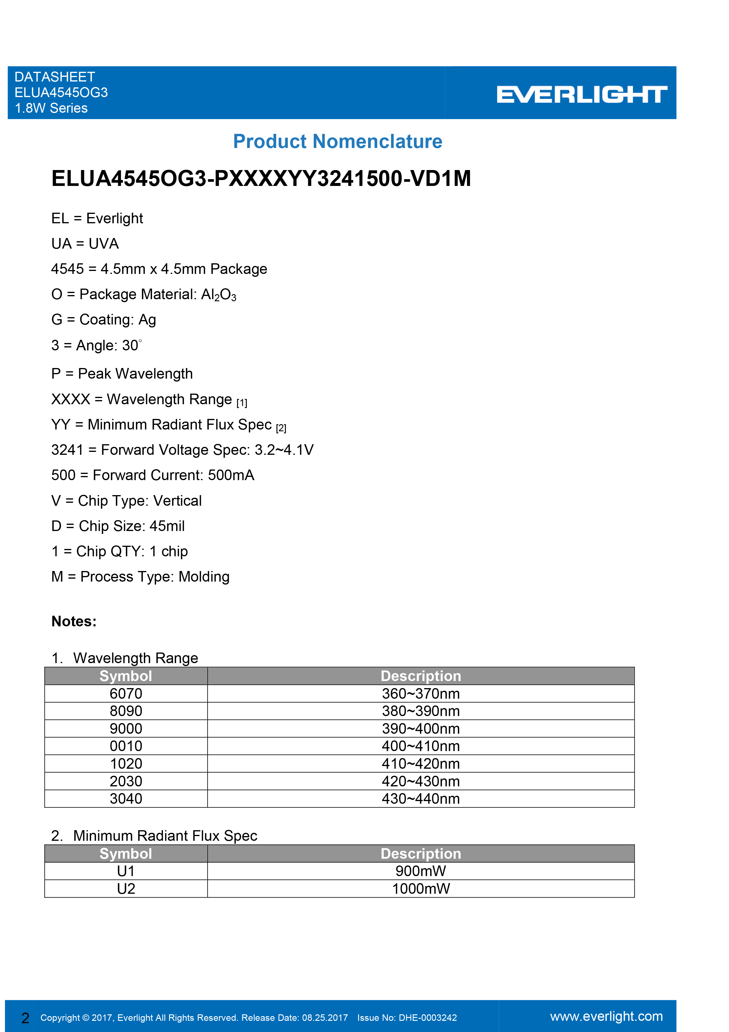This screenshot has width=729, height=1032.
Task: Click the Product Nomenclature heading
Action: (338, 142)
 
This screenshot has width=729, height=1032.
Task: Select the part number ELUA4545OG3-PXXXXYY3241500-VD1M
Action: (261, 179)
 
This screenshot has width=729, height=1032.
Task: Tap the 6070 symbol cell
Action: (126, 694)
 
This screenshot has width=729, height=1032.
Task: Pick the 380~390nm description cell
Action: (421, 711)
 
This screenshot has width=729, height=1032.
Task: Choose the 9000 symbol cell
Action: (126, 729)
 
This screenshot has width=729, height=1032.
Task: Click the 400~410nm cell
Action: (421, 746)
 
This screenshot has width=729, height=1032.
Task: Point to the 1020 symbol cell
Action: (126, 764)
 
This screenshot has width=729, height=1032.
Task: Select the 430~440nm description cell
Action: (421, 799)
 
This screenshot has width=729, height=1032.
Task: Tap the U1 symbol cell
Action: (126, 871)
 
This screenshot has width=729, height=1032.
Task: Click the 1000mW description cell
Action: (421, 889)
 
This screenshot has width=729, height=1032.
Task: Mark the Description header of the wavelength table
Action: (421, 676)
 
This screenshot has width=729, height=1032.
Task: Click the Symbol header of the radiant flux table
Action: (126, 853)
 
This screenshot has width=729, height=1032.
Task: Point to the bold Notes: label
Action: (74, 621)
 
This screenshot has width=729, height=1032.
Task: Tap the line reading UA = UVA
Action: (85, 244)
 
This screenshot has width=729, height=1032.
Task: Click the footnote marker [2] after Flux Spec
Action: (281, 428)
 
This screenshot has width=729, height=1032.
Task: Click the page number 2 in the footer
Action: (26, 1018)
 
